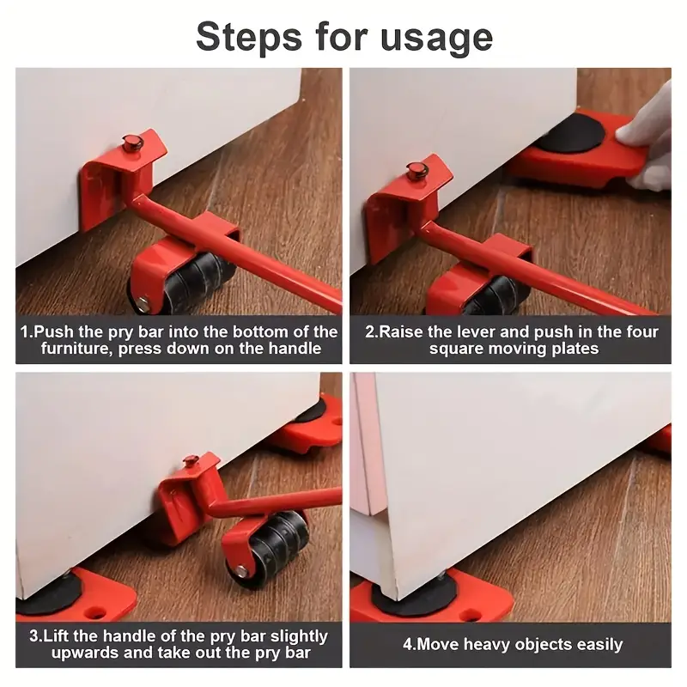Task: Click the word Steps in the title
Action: point(249,37)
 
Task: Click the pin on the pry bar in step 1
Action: point(132,143)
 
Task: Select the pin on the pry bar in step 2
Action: point(417,169)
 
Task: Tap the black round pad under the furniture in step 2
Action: point(569,131)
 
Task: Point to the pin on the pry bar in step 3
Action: point(191,461)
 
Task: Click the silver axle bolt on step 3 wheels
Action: point(241,570)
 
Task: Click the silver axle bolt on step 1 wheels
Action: point(143,302)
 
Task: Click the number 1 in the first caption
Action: point(25,331)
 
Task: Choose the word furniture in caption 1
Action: point(76,349)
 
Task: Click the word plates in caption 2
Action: point(575,350)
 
